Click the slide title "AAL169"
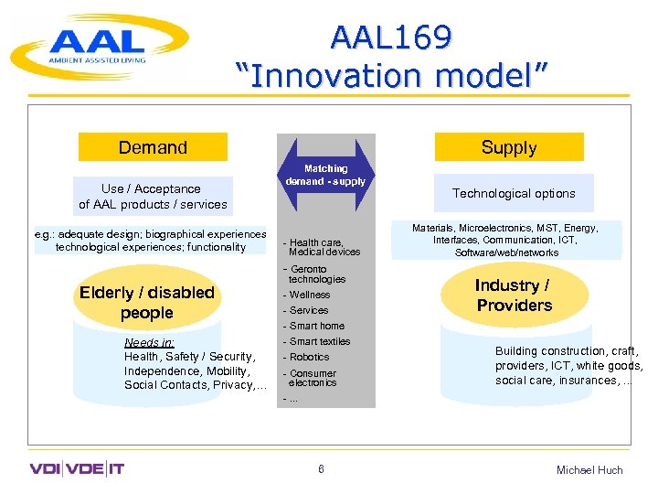[x=391, y=38]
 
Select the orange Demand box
[x=153, y=147]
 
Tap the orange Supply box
[x=509, y=147]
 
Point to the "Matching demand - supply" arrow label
[x=325, y=175]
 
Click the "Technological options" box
[x=514, y=193]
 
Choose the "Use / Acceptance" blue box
[x=153, y=197]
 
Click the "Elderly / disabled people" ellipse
[x=147, y=303]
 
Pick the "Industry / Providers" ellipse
[x=514, y=295]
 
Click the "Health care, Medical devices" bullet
[x=323, y=247]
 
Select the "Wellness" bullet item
[x=308, y=295]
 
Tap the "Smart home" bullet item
[x=315, y=326]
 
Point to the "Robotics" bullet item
[x=308, y=357]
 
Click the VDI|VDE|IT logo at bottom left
[x=77, y=469]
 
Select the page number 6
[x=322, y=469]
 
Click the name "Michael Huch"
[x=589, y=469]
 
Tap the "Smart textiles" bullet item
[x=318, y=341]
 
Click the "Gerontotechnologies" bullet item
[x=315, y=274]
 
